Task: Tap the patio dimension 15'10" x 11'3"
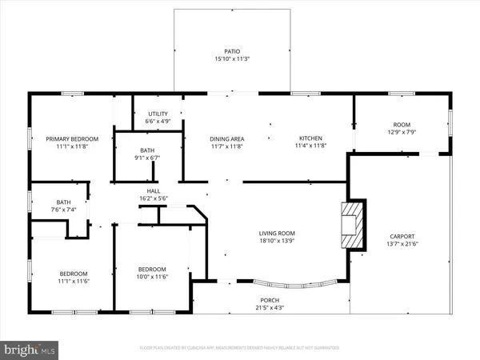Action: pyautogui.click(x=232, y=58)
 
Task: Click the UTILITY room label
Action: pyautogui.click(x=158, y=114)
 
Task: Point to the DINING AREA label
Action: pyautogui.click(x=226, y=138)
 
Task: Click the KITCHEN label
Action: pyautogui.click(x=310, y=138)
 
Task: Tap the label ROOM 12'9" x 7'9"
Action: pyautogui.click(x=401, y=129)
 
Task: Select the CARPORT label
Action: pyautogui.click(x=402, y=236)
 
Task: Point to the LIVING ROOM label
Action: pyautogui.click(x=278, y=234)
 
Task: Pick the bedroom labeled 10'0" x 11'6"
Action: pyautogui.click(x=152, y=273)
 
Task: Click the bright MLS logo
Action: pyautogui.click(x=30, y=349)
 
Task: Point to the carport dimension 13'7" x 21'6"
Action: pyautogui.click(x=402, y=244)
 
